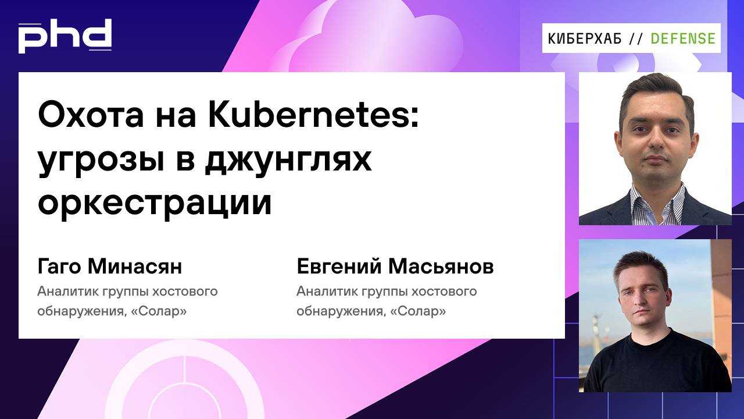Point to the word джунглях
(x=287, y=160)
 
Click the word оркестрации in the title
(x=155, y=202)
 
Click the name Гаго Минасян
(x=110, y=267)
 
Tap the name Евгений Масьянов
(x=395, y=267)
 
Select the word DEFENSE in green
(x=683, y=38)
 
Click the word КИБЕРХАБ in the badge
(x=585, y=38)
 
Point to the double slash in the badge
(x=636, y=38)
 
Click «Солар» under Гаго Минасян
(x=159, y=311)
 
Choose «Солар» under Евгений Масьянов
(x=419, y=311)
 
